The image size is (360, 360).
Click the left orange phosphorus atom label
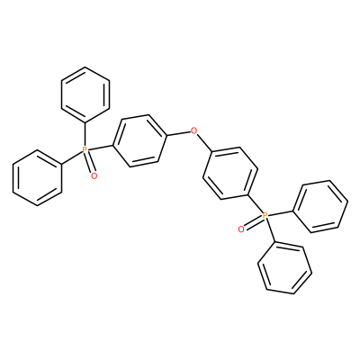click(85, 149)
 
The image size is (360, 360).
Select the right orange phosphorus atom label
click(265, 215)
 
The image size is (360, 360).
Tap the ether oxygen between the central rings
click(194, 130)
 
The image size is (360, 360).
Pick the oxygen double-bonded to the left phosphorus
click(94, 175)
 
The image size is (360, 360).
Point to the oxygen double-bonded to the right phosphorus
click(240, 229)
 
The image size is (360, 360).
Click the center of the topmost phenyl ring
click(85, 94)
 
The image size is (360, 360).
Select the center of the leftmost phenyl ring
click(37, 177)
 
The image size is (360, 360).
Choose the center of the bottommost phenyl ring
click(284, 267)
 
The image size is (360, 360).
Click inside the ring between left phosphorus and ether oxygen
click(139, 140)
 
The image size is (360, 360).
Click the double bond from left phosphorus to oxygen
click(90, 163)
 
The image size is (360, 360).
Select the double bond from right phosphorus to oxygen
click(253, 222)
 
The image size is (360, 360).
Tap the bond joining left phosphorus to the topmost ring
click(85, 134)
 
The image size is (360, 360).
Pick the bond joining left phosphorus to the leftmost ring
click(71, 157)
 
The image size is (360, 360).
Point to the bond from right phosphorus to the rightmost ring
click(280, 212)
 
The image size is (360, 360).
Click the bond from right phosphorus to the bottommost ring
click(270, 230)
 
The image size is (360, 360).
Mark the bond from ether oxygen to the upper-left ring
click(179, 133)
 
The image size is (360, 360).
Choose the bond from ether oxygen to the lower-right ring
click(204, 143)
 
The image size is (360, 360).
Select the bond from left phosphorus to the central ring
click(100, 148)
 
